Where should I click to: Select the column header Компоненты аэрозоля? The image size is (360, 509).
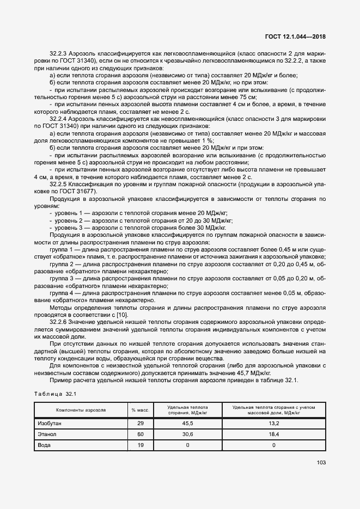81,410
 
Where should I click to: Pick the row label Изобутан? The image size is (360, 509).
50,423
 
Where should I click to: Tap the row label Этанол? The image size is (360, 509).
47,434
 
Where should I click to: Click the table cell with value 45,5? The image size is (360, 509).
188,423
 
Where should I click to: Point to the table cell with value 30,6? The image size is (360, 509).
188,434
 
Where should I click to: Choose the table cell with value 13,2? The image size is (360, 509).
274,423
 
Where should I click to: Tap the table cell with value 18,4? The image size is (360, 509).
274,434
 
